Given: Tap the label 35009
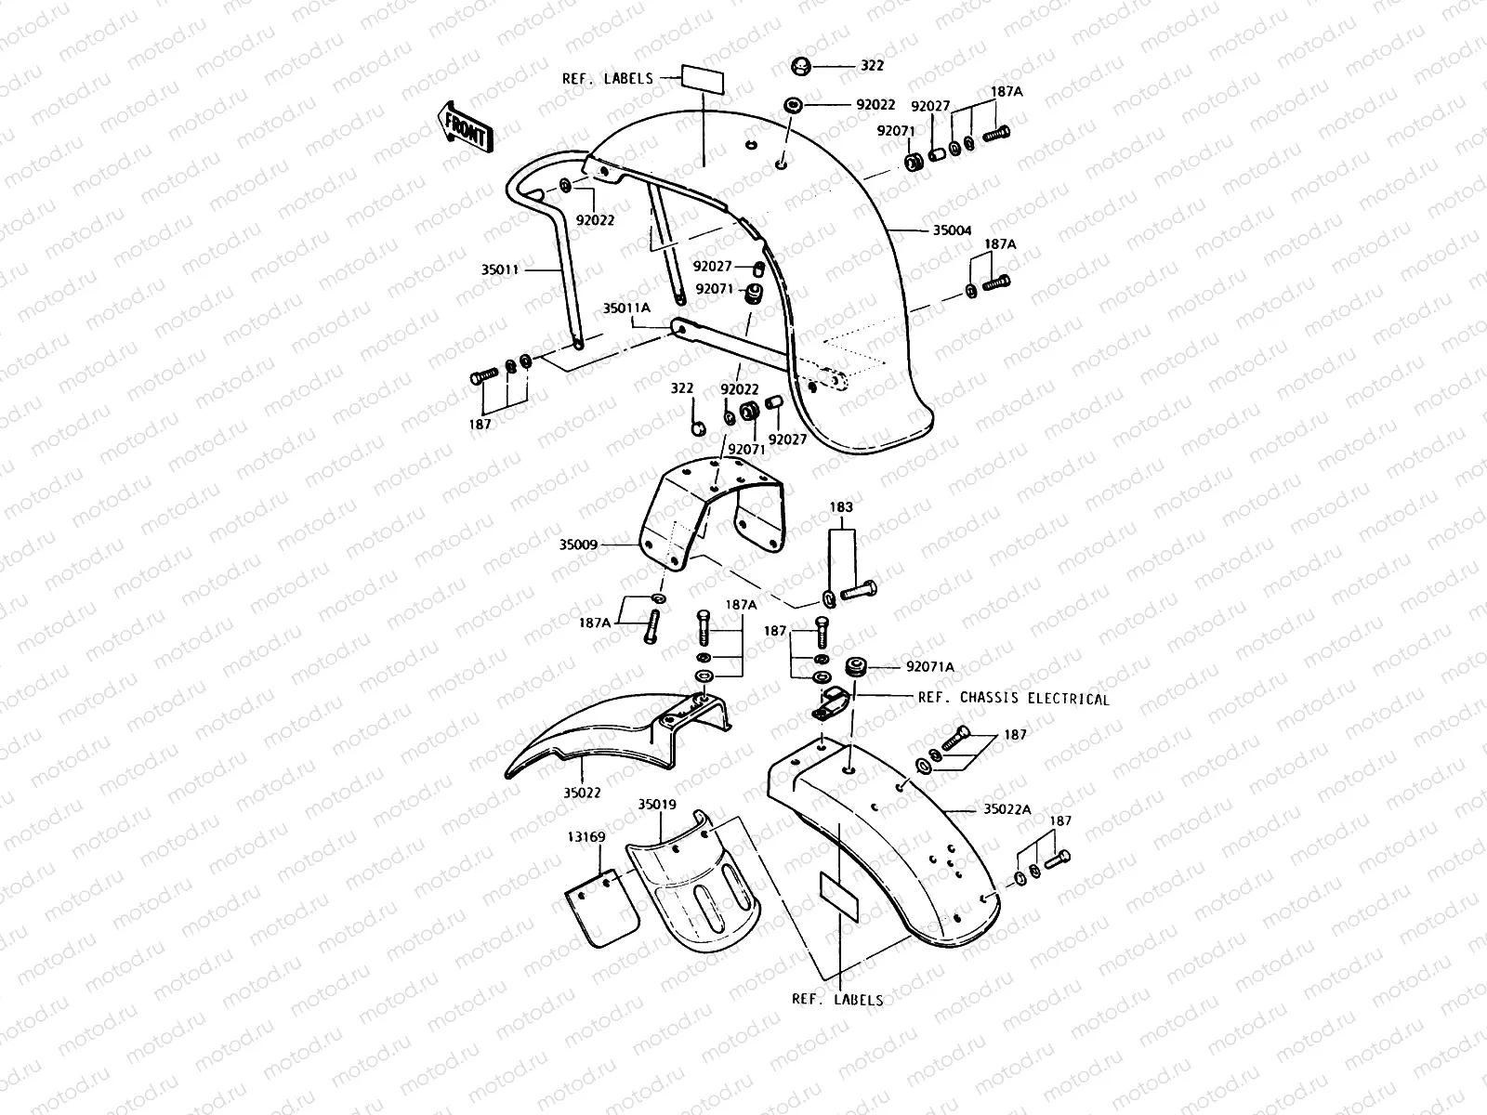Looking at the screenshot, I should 578,546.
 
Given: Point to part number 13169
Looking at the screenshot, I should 586,837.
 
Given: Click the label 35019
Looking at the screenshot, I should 657,805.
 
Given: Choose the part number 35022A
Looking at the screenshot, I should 1007,809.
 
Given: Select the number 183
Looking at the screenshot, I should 841,508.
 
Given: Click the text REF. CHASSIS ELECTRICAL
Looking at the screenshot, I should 1013,699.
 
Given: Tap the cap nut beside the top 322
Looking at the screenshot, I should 798,67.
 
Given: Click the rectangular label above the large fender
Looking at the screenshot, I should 704,78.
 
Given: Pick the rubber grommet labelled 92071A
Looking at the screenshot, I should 855,667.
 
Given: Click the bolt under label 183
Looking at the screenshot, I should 859,589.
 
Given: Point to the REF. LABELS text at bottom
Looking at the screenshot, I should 836,1000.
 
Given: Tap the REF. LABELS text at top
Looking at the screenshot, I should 608,79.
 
